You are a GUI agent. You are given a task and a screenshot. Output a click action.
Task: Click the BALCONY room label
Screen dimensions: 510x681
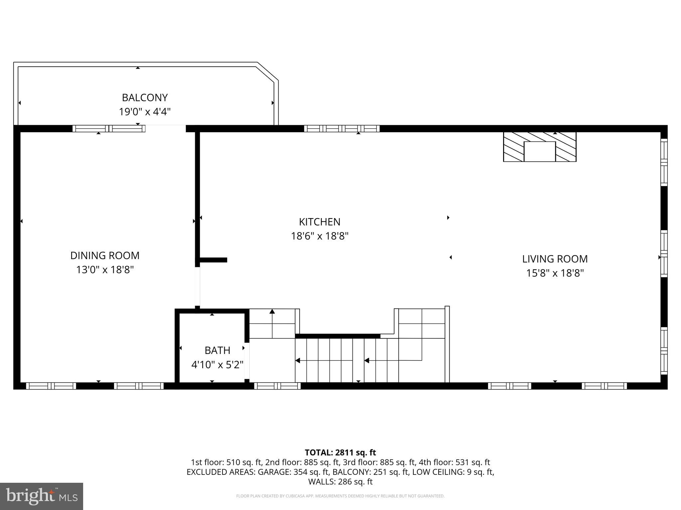click(145, 98)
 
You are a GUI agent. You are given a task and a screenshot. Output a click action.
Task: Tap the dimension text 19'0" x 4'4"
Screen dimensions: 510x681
click(145, 112)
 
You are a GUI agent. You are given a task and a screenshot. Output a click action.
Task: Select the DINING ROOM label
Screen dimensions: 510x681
click(105, 255)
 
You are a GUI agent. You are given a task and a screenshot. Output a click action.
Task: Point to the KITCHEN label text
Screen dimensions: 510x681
click(320, 222)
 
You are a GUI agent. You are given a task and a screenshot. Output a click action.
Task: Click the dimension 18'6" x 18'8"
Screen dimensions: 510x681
click(320, 236)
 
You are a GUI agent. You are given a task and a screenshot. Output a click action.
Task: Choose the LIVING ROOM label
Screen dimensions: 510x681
click(555, 259)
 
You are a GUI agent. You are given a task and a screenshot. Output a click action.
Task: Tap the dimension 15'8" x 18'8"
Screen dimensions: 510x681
click(555, 273)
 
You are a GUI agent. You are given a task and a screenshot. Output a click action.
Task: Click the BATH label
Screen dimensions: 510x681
click(217, 350)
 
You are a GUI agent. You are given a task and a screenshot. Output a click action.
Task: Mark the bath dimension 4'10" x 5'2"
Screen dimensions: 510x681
click(217, 365)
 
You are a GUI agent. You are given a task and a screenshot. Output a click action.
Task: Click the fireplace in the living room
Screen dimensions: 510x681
click(539, 147)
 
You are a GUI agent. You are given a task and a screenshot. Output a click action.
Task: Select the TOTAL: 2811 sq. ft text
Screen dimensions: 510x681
click(340, 453)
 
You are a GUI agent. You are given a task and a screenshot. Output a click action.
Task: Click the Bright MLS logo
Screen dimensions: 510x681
click(42, 496)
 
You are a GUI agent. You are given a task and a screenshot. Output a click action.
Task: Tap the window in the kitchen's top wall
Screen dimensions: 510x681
click(341, 128)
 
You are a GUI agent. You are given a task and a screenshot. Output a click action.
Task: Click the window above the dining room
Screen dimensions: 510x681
click(109, 128)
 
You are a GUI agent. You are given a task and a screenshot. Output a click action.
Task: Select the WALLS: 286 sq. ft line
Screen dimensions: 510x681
click(340, 482)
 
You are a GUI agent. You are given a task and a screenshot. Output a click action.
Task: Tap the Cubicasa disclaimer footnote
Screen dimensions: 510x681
click(340, 496)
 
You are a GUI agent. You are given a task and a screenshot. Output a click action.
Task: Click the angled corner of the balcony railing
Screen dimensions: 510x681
click(267, 72)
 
